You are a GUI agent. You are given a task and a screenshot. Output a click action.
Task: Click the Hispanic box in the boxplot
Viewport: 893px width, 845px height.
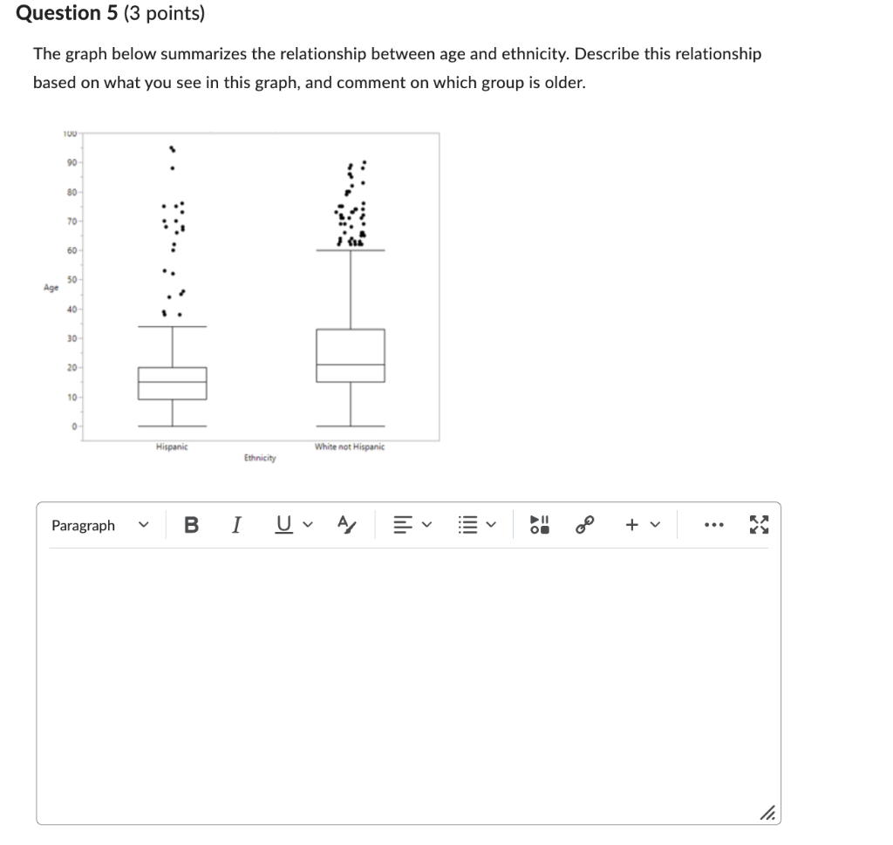172,383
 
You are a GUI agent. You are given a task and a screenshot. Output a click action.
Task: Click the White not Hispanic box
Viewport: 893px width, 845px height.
351,355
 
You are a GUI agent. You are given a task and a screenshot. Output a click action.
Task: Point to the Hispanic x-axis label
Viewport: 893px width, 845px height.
172,446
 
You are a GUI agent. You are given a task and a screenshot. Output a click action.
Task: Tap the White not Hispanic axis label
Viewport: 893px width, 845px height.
350,446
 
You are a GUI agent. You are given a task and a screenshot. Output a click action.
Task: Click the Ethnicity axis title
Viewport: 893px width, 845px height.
260,458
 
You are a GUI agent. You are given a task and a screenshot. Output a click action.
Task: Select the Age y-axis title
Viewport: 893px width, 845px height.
52,287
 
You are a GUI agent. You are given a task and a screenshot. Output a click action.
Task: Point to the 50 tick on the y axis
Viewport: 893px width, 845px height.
72,279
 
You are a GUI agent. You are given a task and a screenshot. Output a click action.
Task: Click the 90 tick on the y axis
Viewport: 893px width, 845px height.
72,162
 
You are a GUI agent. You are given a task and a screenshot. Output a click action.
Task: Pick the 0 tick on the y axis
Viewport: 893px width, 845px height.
74,426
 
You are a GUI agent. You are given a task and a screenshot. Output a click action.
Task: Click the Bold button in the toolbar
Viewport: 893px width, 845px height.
192,525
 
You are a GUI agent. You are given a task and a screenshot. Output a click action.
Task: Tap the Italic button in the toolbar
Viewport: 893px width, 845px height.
235,525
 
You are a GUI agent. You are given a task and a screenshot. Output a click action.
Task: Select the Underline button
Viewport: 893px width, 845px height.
283,525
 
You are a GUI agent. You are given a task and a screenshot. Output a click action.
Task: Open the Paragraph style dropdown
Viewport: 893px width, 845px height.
99,525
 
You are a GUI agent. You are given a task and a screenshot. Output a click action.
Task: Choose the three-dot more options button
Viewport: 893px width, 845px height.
715,525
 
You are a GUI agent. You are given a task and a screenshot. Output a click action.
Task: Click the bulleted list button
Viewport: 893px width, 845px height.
469,525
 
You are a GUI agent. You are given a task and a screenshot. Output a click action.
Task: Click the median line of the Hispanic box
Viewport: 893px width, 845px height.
172,382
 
